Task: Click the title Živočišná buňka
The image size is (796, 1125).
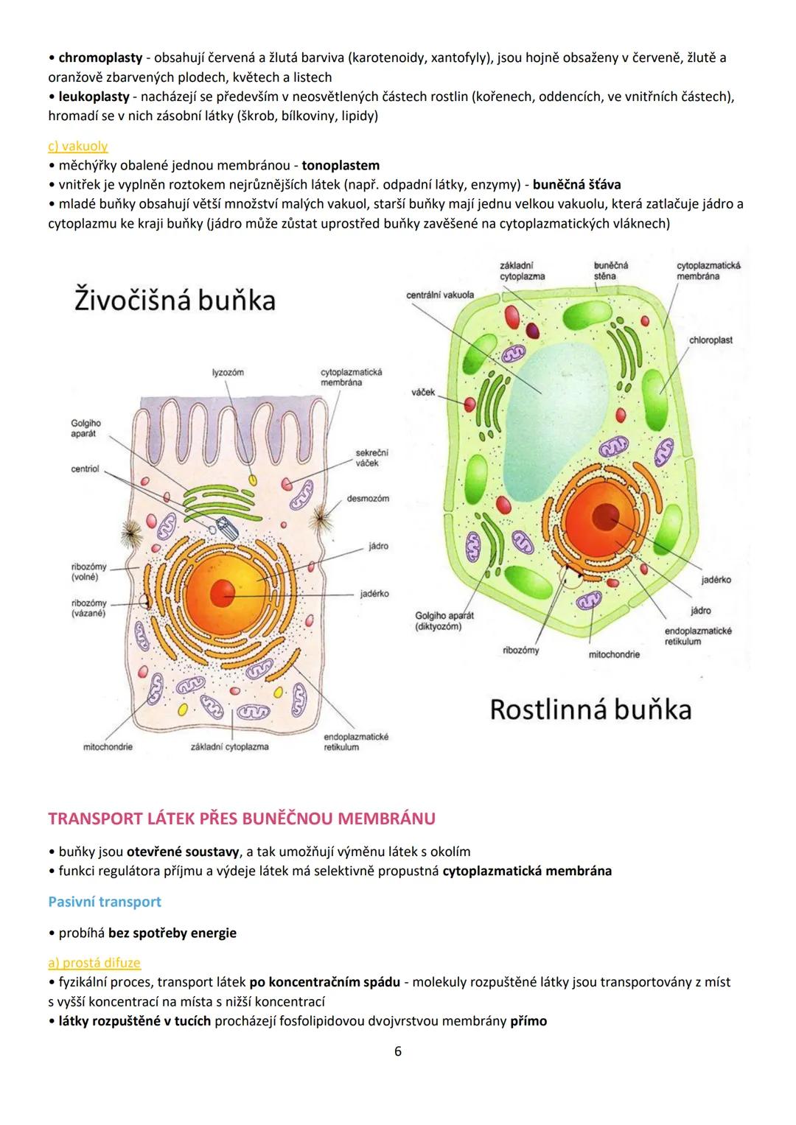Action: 175,301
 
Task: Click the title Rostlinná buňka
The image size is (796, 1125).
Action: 590,709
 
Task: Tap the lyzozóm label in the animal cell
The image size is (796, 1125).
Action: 228,373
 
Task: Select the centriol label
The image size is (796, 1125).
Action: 85,469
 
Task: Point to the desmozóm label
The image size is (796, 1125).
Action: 368,499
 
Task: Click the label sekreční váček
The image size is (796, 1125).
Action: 371,458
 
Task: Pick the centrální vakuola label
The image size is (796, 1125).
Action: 440,295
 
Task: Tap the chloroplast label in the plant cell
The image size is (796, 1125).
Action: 711,340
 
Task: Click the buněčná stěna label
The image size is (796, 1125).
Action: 610,270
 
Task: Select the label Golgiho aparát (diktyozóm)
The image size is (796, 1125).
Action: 444,620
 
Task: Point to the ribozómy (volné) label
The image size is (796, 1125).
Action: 88,572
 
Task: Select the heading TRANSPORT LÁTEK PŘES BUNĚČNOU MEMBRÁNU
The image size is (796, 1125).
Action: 241,819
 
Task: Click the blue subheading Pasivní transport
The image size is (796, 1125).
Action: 104,902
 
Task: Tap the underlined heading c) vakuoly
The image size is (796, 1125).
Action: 77,146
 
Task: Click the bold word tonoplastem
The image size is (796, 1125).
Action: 341,165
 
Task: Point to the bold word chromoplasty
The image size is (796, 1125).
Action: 100,57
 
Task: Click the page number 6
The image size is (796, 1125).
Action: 398,1051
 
